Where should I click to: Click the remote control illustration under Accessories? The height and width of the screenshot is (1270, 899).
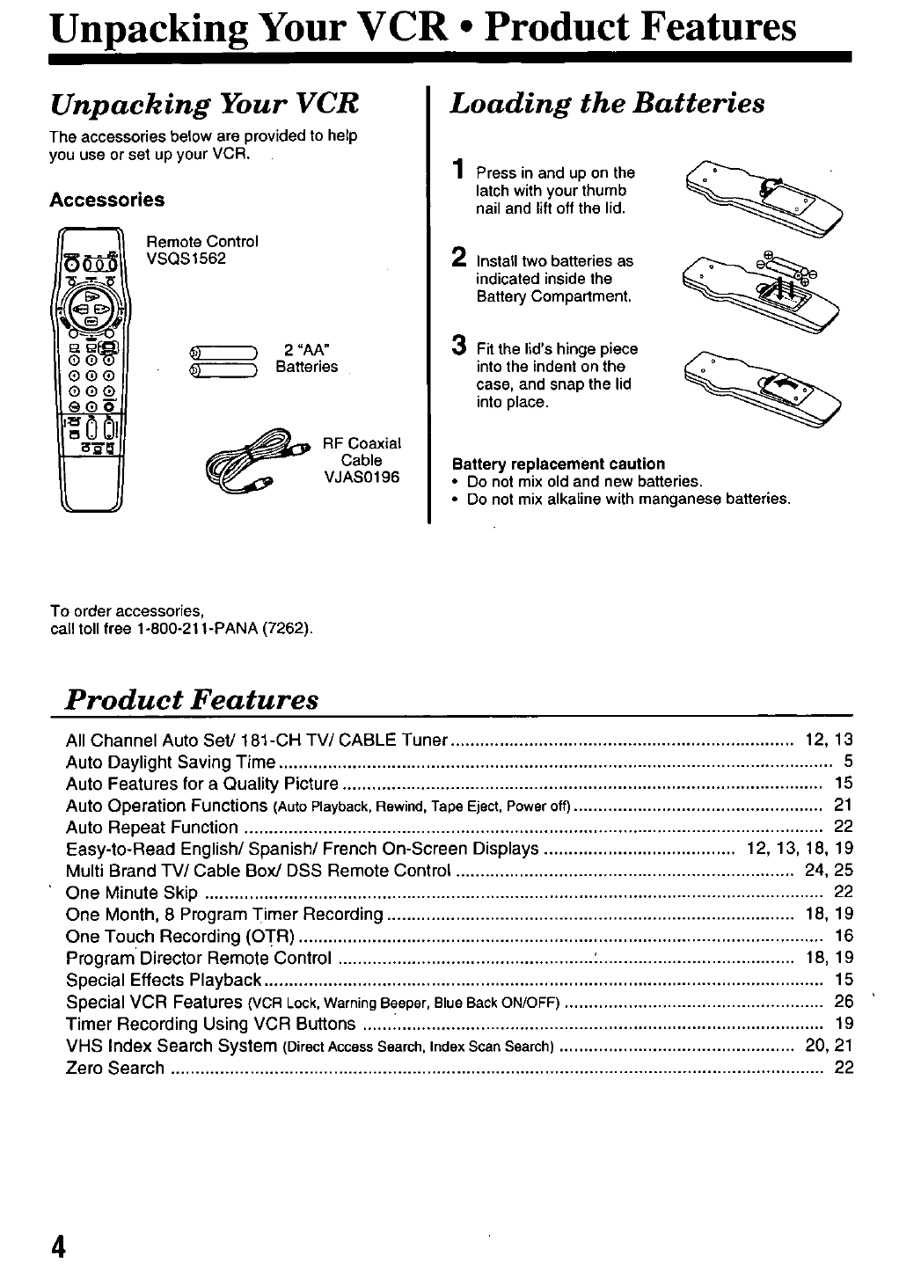[x=91, y=369]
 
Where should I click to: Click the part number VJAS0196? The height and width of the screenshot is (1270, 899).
[x=362, y=478]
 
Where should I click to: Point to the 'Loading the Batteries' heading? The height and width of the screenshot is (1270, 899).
[x=607, y=104]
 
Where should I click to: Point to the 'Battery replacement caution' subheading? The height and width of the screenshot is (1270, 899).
[x=558, y=463]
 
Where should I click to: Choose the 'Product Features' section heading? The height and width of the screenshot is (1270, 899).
[x=193, y=699]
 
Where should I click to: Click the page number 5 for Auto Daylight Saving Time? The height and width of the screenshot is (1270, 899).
[x=848, y=762]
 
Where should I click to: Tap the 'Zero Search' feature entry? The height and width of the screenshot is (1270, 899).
[x=115, y=1068]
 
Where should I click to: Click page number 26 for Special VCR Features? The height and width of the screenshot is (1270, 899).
[x=844, y=1001]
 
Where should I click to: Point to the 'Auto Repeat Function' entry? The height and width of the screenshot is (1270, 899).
[x=151, y=827]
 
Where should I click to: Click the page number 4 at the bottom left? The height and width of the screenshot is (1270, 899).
[x=58, y=1247]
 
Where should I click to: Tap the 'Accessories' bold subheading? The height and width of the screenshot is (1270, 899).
[x=106, y=200]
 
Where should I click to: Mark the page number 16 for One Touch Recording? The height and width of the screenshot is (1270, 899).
[x=844, y=936]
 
